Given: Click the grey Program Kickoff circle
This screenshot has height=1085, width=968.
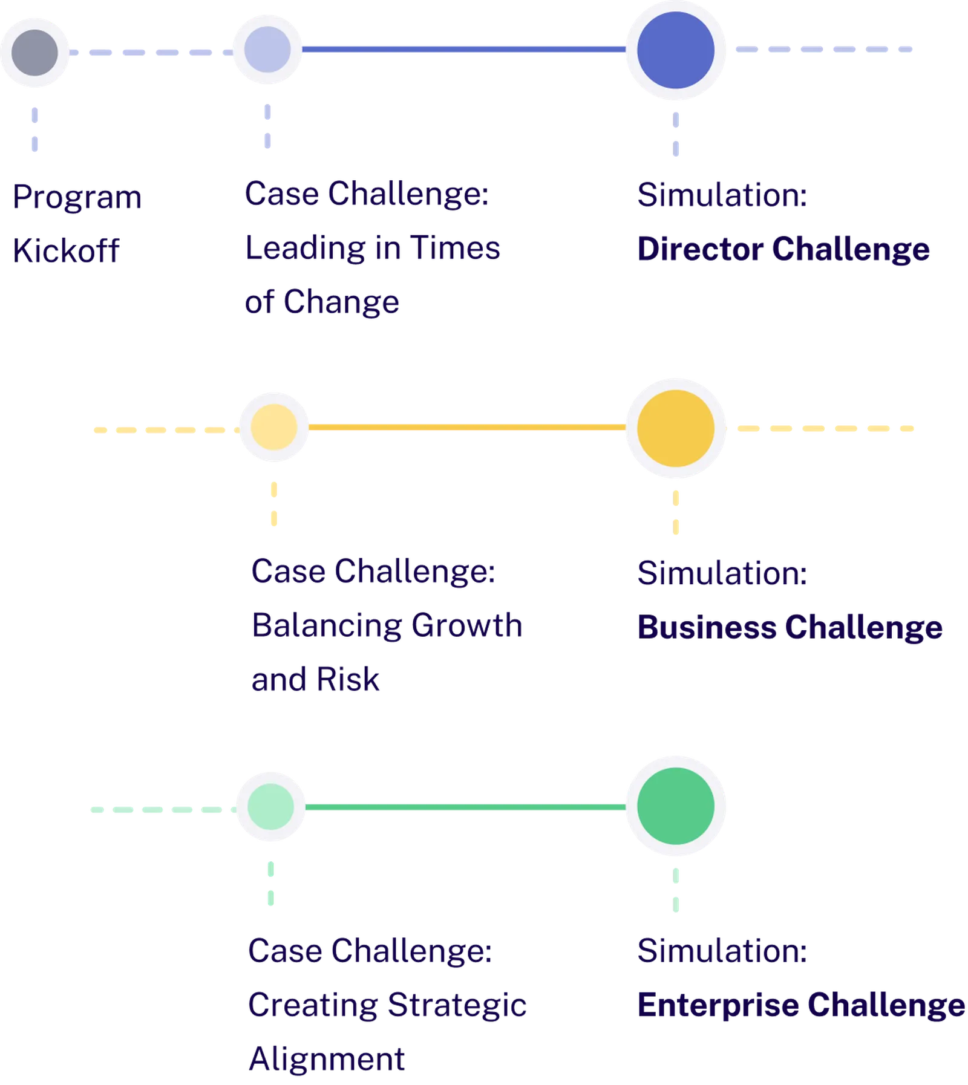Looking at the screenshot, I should (x=35, y=52).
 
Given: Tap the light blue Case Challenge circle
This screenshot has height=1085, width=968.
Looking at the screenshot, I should (x=267, y=50).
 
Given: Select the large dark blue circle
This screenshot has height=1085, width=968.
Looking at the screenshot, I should (x=676, y=50).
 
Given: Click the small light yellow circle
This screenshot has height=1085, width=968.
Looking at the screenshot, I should (x=273, y=426).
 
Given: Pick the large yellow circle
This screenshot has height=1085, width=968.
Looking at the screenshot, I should (x=676, y=428).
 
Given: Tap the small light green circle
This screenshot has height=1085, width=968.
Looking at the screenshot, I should (x=270, y=806).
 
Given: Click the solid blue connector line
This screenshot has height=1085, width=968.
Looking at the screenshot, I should (x=463, y=51).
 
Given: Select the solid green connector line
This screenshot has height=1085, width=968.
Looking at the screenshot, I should (x=465, y=807).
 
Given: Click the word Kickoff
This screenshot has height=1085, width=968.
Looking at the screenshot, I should (x=66, y=250).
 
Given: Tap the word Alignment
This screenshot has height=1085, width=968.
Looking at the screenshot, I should (x=326, y=1059).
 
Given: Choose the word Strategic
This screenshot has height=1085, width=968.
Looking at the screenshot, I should (x=456, y=1006).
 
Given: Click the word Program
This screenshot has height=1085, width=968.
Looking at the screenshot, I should (x=77, y=197).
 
